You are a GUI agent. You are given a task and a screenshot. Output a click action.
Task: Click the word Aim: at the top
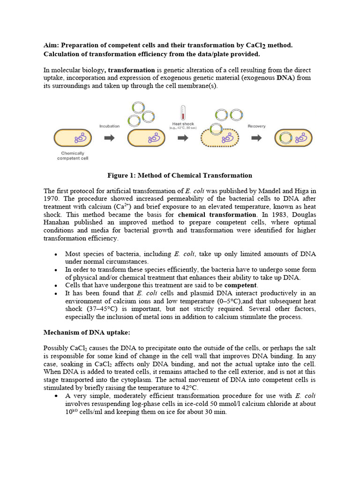51,45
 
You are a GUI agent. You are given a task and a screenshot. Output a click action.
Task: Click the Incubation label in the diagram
109,126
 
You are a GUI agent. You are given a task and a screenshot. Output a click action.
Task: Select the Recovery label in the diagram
256,126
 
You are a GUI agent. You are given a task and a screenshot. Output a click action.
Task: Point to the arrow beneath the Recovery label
256,138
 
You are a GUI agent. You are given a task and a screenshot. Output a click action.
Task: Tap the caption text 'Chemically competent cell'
72,156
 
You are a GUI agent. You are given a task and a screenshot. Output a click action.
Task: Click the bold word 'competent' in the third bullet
240,285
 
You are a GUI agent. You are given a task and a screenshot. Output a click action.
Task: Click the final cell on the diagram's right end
293,138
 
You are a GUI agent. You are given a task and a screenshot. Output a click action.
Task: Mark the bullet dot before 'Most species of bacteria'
56,255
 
